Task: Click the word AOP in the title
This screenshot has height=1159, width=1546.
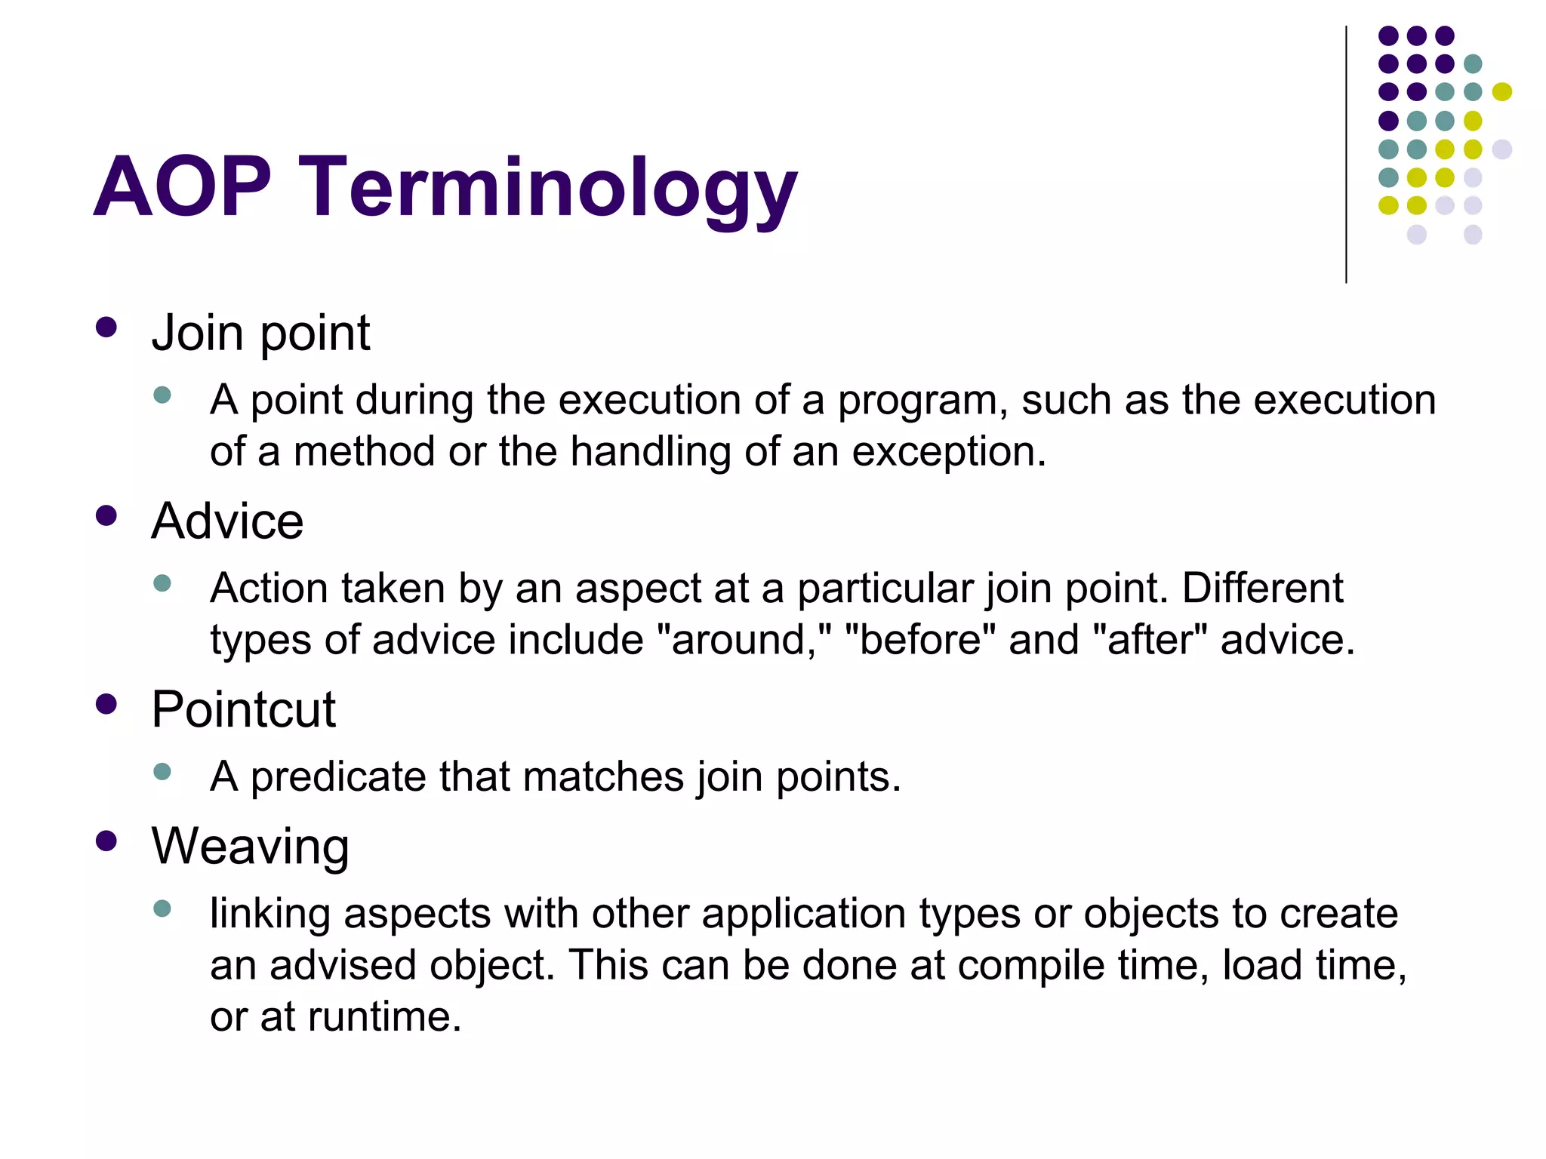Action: tap(182, 186)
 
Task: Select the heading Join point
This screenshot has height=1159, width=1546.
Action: tap(260, 333)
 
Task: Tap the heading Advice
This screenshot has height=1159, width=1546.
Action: tap(227, 521)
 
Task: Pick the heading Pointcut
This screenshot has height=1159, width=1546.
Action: tap(243, 709)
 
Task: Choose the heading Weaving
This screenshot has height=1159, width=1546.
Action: tap(250, 846)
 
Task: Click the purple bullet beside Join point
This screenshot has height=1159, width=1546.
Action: tap(106, 327)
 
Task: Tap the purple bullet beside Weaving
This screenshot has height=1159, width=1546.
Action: tap(106, 841)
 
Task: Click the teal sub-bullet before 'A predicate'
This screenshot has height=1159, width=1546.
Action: tap(162, 771)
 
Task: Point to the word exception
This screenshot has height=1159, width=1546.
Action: tap(949, 452)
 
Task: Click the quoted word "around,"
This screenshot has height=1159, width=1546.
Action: tap(744, 640)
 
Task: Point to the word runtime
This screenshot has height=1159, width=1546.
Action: tap(383, 1016)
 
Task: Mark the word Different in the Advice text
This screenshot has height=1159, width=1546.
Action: tap(1262, 588)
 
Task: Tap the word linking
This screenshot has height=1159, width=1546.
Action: tap(270, 914)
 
